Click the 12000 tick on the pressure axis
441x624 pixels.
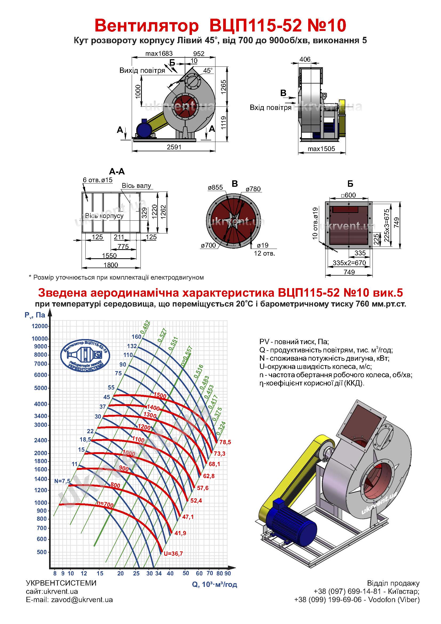(40, 326)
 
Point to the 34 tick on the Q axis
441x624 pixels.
(158, 574)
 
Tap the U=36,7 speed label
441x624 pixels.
(173, 554)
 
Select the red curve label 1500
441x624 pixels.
(160, 396)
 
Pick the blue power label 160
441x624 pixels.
(136, 337)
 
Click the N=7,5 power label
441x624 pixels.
(62, 481)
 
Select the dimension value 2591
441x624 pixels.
(174, 147)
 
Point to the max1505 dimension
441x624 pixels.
(321, 149)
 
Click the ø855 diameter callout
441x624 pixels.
(215, 187)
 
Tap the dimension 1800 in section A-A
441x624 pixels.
(111, 265)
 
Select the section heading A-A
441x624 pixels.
(117, 172)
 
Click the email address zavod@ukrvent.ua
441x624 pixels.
(82, 607)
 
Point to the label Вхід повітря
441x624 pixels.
(270, 108)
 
